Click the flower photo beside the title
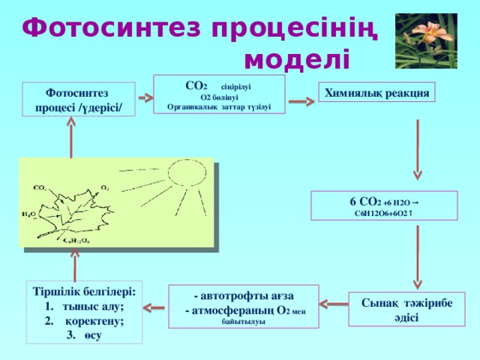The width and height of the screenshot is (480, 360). (426, 39)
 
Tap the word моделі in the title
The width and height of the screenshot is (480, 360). (296, 57)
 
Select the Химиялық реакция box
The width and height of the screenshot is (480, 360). (376, 93)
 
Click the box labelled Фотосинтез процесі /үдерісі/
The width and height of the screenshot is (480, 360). (78, 100)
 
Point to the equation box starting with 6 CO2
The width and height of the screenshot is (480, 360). (383, 206)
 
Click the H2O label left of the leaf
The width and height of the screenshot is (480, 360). (28, 214)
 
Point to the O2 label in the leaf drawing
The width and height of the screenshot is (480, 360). (105, 187)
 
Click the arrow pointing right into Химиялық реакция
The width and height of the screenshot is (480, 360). (303, 100)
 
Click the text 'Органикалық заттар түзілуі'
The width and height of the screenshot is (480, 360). (219, 107)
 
